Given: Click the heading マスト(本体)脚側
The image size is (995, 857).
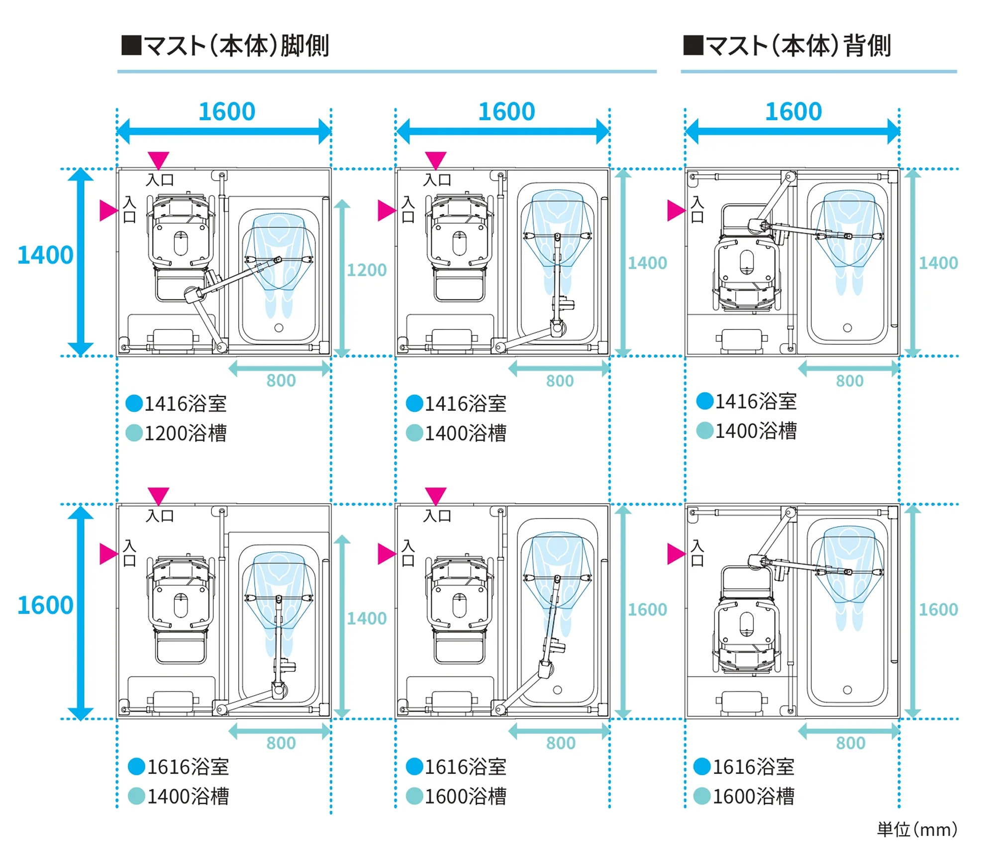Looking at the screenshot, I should [225, 46].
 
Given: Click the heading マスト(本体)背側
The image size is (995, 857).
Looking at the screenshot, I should [787, 46].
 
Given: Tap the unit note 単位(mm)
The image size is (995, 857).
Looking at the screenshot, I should [916, 830].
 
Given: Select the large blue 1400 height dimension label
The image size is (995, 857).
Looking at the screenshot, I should [45, 255].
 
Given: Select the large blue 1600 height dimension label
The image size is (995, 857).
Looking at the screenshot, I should [45, 605].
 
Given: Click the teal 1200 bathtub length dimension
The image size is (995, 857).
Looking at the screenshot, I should [366, 270].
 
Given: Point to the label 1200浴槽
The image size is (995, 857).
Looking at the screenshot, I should [185, 433].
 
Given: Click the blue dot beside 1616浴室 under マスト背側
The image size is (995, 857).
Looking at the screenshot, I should [701, 766].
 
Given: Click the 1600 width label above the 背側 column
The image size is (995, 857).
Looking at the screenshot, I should [793, 111].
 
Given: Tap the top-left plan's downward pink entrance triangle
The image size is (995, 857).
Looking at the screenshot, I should [159, 160].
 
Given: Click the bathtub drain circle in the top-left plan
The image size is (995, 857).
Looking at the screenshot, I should [279, 327].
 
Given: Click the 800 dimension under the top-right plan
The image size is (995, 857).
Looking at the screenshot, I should [849, 381].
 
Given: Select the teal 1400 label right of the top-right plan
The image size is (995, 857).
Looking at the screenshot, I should [938, 263].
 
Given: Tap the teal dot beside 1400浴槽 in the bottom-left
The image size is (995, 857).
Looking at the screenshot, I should [136, 796].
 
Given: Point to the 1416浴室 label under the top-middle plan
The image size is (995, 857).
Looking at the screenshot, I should [465, 404].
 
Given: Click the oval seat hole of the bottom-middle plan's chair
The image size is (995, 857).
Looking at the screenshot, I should [459, 605].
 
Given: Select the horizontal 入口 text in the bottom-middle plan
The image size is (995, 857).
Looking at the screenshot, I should [437, 516].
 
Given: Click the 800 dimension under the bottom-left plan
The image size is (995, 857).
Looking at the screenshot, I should [281, 743].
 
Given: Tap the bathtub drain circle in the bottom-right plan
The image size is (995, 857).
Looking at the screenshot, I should [847, 690].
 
